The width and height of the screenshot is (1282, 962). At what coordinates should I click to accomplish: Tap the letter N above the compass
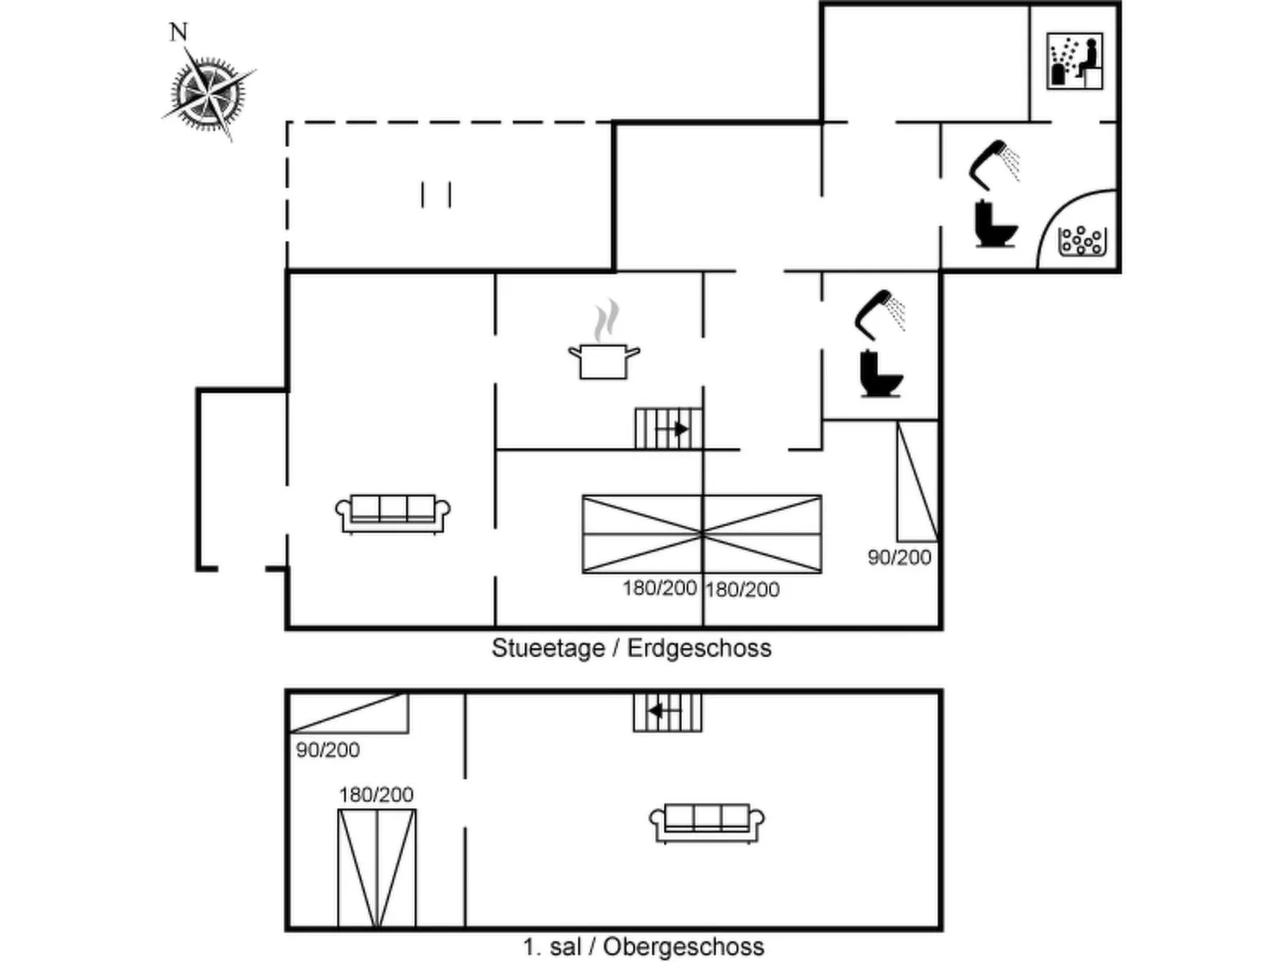[178, 32]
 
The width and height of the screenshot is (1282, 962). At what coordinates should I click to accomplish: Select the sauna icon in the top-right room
[1074, 61]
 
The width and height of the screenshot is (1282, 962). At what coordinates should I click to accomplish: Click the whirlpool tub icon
[1081, 240]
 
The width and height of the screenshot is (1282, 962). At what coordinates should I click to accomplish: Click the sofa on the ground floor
[393, 513]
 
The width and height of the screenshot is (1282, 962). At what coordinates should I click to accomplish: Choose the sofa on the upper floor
[706, 822]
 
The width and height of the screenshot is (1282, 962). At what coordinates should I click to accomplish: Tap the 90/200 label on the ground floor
[899, 557]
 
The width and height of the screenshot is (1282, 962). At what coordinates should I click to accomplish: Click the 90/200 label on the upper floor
[327, 750]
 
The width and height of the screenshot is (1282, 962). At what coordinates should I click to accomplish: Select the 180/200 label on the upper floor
[376, 794]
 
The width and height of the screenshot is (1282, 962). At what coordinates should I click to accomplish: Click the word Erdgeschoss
[699, 647]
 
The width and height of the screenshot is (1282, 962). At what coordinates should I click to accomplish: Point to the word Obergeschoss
[683, 947]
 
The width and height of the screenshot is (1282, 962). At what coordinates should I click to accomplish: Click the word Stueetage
[548, 647]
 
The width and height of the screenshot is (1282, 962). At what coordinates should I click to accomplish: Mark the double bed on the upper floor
[377, 868]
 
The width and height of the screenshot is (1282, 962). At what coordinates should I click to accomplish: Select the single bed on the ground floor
[916, 481]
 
